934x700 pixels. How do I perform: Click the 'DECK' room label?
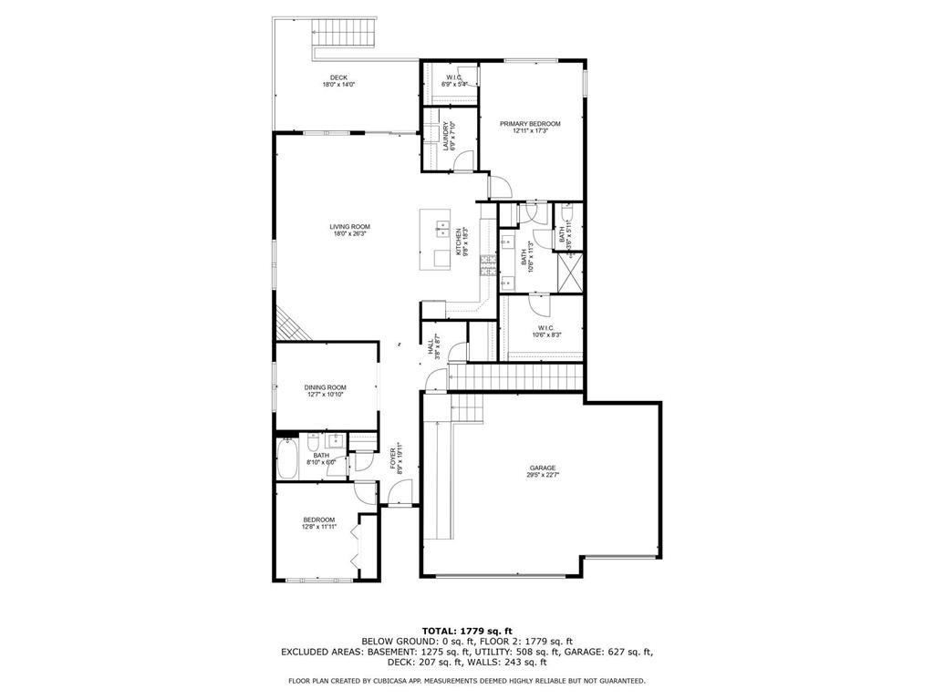[338, 77]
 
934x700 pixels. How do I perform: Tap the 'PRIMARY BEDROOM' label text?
[529, 124]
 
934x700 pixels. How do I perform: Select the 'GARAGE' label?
[542, 468]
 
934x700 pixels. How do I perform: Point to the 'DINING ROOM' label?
[326, 386]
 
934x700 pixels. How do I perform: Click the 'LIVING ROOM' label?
[349, 227]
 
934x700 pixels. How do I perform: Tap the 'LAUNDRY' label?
[446, 137]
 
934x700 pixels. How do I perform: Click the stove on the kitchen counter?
[488, 265]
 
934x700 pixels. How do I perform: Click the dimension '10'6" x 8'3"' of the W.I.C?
[546, 335]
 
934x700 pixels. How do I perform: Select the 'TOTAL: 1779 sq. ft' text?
[467, 631]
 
